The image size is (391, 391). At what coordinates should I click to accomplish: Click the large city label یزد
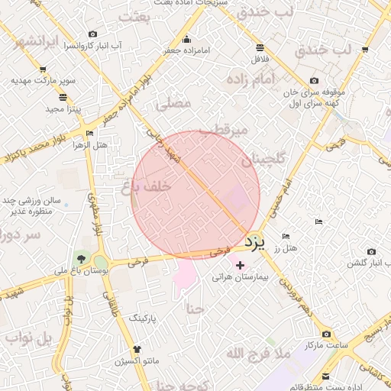(256, 242)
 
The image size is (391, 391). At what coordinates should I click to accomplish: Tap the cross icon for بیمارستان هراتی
(241, 265)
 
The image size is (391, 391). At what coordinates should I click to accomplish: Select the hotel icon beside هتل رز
(286, 236)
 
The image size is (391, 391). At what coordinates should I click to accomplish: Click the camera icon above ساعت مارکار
(326, 334)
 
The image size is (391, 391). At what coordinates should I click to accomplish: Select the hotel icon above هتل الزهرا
(90, 134)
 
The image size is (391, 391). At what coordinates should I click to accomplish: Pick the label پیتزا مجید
(63, 109)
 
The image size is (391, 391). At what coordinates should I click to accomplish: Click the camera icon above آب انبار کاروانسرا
(93, 34)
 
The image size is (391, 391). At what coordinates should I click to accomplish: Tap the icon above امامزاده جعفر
(187, 40)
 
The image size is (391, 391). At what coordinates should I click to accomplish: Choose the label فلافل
(260, 59)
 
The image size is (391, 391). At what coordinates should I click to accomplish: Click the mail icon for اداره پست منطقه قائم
(326, 376)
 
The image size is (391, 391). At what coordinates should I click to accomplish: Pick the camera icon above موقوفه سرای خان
(314, 81)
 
